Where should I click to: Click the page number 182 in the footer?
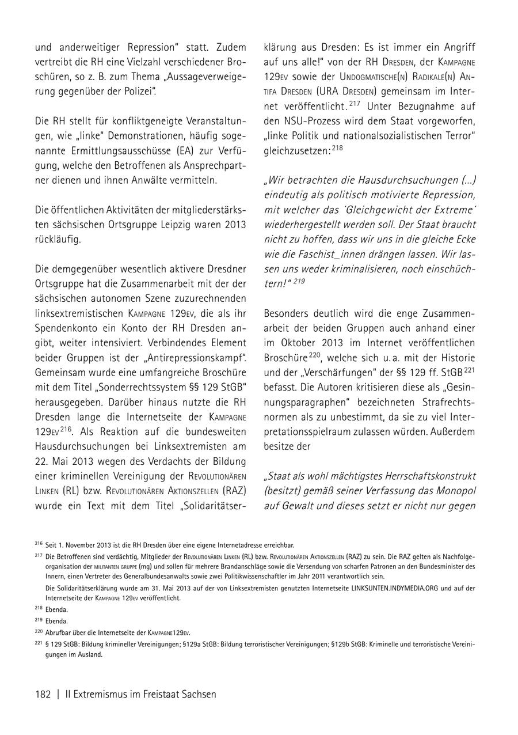click(x=44, y=694)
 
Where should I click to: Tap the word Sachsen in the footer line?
click(x=197, y=694)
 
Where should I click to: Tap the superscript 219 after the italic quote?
click(x=299, y=282)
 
